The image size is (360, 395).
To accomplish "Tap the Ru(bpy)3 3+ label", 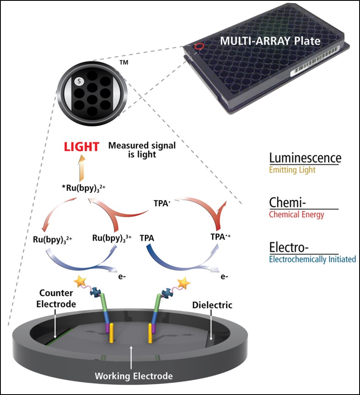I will pyautogui.click(x=112, y=238).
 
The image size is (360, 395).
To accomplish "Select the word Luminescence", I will pyautogui.click(x=305, y=158).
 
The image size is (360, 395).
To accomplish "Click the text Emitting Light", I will pyautogui.click(x=292, y=169).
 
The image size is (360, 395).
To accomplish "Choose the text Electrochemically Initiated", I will pyautogui.click(x=312, y=259).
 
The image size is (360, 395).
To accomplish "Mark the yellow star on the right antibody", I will pyautogui.click(x=184, y=283).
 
